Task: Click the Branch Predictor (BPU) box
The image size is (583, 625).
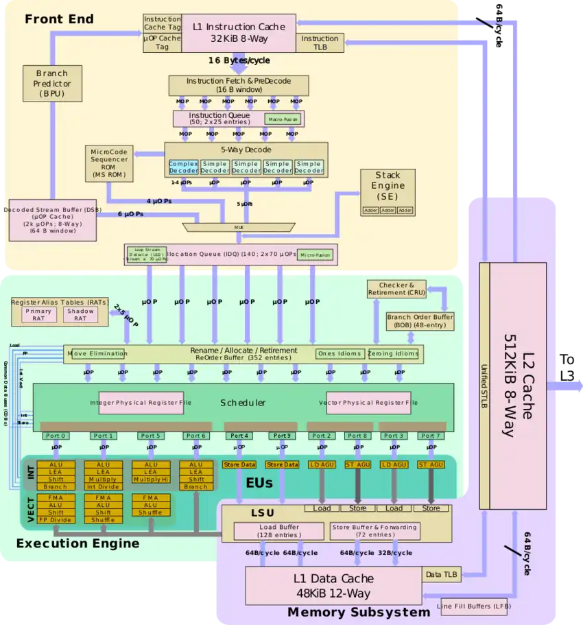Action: [52, 83]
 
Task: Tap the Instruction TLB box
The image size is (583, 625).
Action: [320, 43]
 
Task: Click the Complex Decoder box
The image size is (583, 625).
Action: [183, 167]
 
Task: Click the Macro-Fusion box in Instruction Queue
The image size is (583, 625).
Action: [283, 119]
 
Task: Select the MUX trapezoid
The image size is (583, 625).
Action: [239, 227]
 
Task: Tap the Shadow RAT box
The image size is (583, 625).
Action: [80, 315]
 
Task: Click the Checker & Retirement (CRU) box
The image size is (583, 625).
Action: [396, 289]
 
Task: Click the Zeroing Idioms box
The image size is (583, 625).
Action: [393, 354]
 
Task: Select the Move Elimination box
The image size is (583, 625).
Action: [97, 354]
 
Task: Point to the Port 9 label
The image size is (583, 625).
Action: [282, 436]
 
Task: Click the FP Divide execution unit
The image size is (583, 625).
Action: [56, 519]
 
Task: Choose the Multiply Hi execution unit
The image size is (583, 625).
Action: [150, 480]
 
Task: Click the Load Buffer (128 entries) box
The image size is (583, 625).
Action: [278, 530]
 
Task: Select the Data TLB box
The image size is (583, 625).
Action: [442, 574]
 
